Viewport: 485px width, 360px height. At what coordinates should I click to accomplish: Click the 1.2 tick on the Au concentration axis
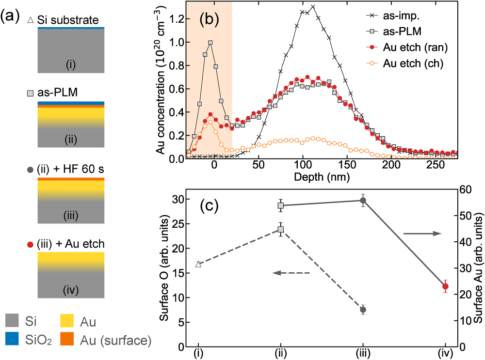coord(170,19)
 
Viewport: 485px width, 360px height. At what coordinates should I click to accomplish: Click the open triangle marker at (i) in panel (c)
coord(198,264)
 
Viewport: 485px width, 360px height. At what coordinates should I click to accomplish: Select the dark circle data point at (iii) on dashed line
coord(363,310)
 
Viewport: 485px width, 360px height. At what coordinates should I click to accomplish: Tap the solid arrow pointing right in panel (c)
coord(422,234)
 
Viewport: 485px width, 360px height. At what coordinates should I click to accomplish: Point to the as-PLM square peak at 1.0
coord(210,42)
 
